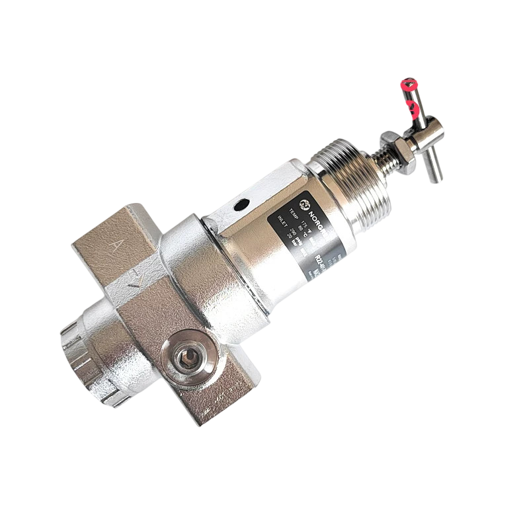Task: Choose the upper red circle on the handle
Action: (x=409, y=85)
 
